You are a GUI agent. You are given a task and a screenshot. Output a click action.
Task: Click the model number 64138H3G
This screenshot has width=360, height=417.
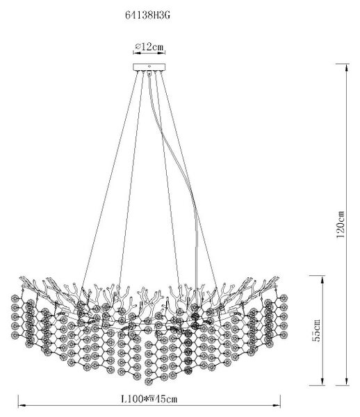click(x=147, y=15)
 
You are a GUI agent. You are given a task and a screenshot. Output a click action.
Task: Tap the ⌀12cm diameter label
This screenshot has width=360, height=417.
click(x=149, y=47)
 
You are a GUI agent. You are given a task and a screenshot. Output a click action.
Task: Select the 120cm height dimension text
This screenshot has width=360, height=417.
click(x=341, y=224)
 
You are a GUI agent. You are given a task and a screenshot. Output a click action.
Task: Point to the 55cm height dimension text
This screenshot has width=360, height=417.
click(x=316, y=330)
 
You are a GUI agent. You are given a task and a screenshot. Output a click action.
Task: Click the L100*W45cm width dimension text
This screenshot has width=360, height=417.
click(x=149, y=399)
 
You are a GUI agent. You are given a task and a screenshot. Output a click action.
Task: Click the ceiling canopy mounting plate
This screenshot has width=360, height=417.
click(x=149, y=67)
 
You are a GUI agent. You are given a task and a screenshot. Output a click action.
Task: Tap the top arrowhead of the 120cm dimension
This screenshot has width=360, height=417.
click(x=346, y=67)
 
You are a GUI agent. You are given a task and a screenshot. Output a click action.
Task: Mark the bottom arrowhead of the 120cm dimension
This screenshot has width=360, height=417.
click(x=346, y=382)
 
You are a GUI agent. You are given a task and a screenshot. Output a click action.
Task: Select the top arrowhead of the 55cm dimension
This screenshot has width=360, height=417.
click(x=322, y=279)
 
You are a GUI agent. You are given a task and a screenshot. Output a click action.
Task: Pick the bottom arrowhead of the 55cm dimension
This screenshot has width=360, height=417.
click(x=322, y=382)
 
